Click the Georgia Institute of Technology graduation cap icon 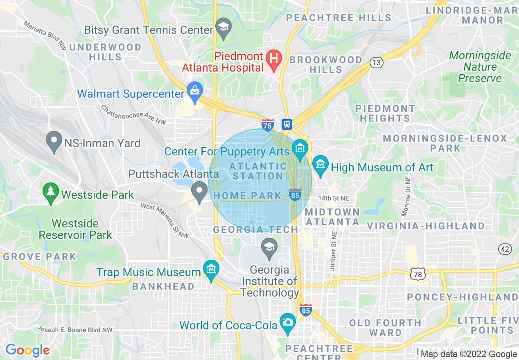pos(269,247)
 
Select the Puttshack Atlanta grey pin pos(199,191)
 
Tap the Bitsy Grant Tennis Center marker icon pos(223,27)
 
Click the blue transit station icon pos(287,124)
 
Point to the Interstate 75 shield pos(268,124)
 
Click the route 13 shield pos(376,63)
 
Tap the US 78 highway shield pos(417,274)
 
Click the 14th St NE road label pos(334,198)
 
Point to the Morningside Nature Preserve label pos(480,67)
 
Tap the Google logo pos(27,350)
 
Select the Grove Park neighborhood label pos(39,257)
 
